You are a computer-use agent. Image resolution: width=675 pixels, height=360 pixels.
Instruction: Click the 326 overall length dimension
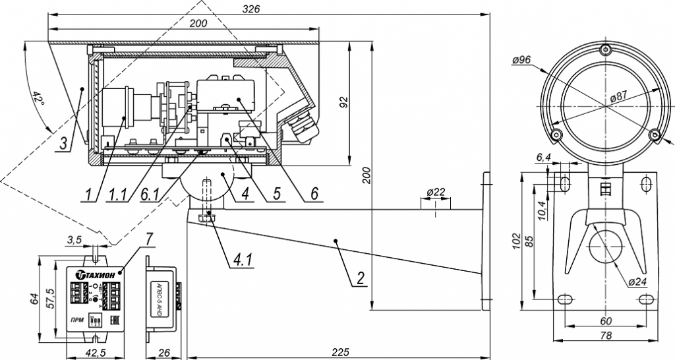point(252,9)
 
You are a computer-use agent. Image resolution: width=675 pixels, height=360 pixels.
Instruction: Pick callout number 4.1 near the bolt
point(242,260)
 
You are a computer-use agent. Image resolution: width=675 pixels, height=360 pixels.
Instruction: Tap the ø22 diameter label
point(437,192)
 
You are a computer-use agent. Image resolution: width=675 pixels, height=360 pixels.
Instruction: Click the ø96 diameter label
point(521,61)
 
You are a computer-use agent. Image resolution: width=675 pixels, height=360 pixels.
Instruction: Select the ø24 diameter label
point(636,282)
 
